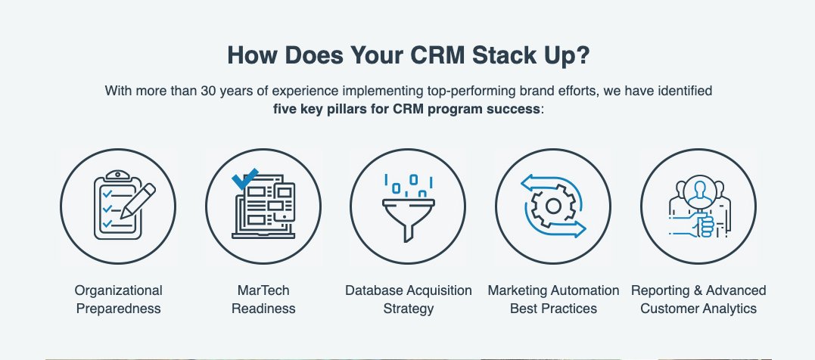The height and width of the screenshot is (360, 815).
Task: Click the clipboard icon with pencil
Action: [118, 205]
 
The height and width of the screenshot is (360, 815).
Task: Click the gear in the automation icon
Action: [552, 206]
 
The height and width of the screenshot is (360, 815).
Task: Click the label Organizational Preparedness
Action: [118, 299]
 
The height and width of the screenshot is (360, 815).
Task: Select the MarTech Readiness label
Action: [263, 299]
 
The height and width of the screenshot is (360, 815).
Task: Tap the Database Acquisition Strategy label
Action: [409, 299]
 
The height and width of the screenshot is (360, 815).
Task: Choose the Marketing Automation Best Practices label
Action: [553, 299]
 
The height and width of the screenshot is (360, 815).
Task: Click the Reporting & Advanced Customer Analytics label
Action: [698, 299]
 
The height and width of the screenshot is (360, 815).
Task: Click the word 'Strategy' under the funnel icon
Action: [409, 309]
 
